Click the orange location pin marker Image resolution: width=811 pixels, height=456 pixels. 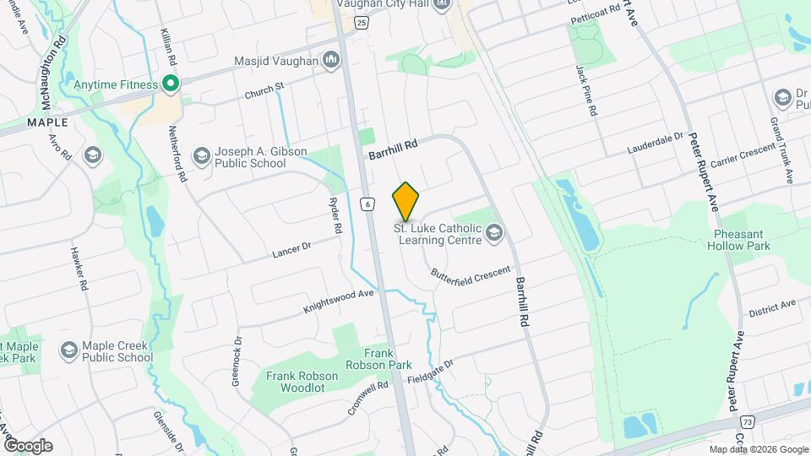pos(406,202)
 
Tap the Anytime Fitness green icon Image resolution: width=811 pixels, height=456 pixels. pos(169,84)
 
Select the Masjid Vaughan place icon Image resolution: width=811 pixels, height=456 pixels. pos(331,61)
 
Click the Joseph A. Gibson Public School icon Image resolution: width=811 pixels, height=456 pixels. pos(201,156)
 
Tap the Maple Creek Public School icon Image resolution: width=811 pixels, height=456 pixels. pos(69,350)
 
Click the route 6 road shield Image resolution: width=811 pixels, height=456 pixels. pos(367,204)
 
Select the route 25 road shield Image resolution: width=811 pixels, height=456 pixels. pos(361,24)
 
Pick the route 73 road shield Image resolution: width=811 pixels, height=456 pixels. pos(747,421)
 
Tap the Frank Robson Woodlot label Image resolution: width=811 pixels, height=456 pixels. pos(302,382)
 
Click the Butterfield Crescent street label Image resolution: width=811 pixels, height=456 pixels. pos(471,274)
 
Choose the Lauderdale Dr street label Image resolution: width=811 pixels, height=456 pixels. pos(655,144)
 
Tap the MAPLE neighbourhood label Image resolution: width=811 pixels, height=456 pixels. pos(47,122)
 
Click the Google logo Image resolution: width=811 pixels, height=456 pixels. pos(28,445)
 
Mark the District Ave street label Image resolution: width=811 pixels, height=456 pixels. pos(772,307)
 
